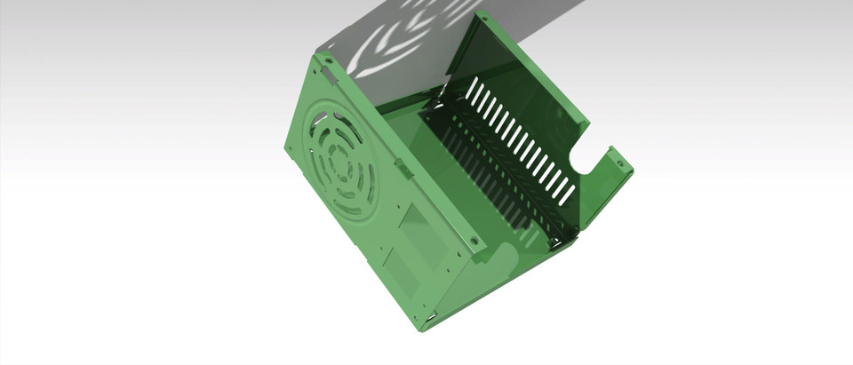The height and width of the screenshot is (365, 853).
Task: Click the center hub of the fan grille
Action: click(x=338, y=163)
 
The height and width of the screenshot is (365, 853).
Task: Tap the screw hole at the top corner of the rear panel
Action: click(x=485, y=18)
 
